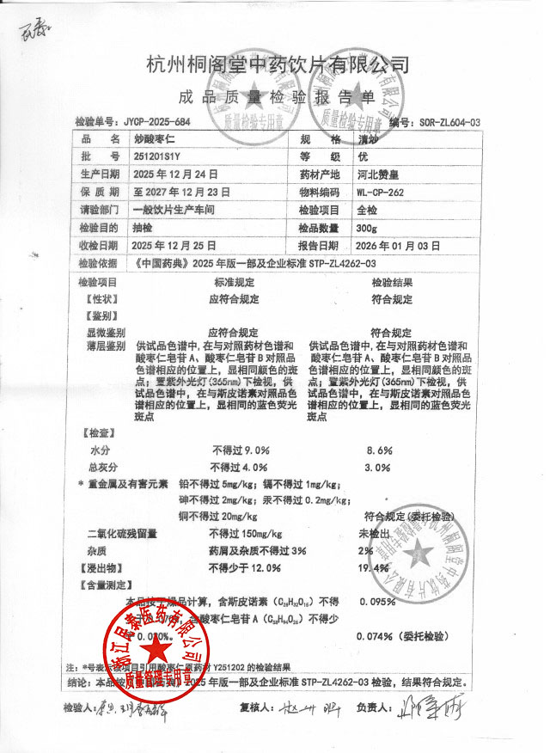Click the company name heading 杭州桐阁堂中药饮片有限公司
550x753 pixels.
pos(278,64)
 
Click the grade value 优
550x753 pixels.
pos(361,156)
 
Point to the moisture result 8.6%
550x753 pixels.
pos(379,450)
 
